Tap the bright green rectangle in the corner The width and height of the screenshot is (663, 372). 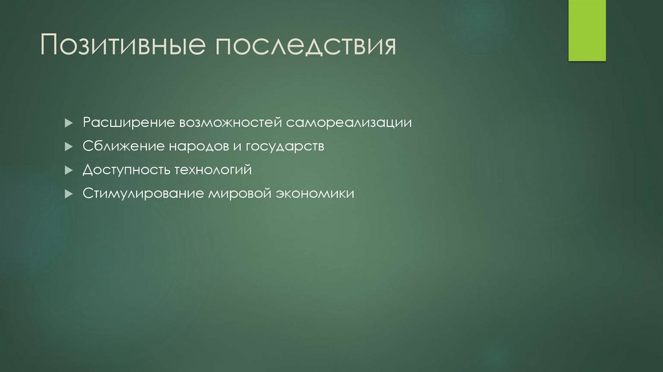point(587,30)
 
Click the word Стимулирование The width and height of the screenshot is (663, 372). point(143,194)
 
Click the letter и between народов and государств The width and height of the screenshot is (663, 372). point(236,147)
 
